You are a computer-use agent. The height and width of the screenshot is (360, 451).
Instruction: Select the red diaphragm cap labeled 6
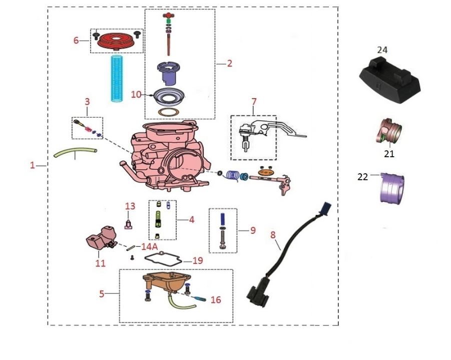pyautogui.click(x=116, y=40)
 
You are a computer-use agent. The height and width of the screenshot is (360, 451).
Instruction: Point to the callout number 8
pyautogui.click(x=272, y=234)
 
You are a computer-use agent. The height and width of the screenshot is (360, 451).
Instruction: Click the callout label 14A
pyautogui.click(x=150, y=247)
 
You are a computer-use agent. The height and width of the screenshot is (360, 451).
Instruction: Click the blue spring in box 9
pyautogui.click(x=223, y=220)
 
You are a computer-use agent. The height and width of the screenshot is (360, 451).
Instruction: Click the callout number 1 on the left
pyautogui.click(x=33, y=165)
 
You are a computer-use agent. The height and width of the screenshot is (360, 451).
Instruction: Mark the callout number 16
pyautogui.click(x=215, y=300)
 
